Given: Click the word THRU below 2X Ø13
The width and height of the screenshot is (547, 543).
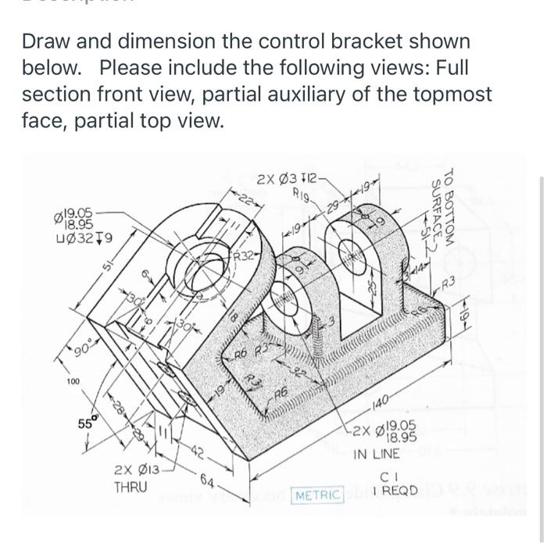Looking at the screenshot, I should (x=130, y=486).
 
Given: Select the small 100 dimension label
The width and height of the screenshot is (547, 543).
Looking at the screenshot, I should (x=73, y=382).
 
